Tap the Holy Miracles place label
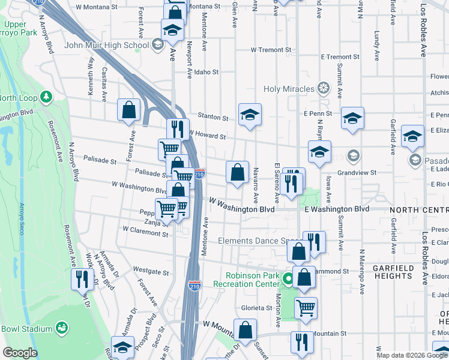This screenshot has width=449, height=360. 289,89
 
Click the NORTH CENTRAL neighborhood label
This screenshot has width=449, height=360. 418,209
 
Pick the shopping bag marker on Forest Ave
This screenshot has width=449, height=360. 128,110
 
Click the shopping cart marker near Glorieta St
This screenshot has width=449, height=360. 306,308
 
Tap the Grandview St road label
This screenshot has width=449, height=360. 357,172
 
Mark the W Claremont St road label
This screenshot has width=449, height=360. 145,229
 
